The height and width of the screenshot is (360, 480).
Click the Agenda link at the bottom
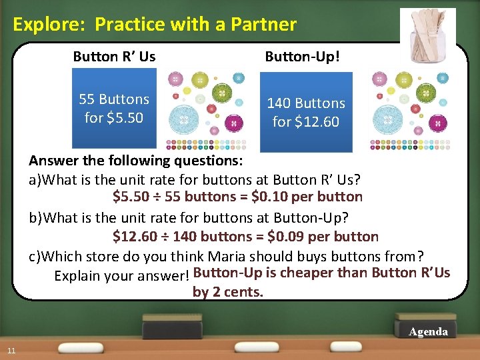point(428,331)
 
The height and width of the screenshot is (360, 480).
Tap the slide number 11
point(11,351)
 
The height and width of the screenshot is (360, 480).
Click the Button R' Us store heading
point(114,57)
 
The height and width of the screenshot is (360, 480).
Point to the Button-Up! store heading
point(302,57)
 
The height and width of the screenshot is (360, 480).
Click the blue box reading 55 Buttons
point(114,109)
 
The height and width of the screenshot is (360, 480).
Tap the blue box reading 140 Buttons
point(305,112)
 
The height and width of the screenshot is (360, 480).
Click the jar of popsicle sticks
point(427,35)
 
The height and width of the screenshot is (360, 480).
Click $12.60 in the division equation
point(133,237)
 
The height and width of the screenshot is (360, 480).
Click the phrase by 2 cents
point(228,291)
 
